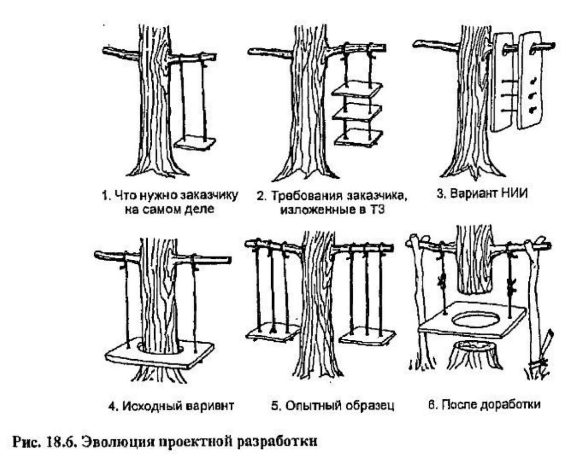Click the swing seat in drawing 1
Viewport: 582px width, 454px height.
pos(196,143)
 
